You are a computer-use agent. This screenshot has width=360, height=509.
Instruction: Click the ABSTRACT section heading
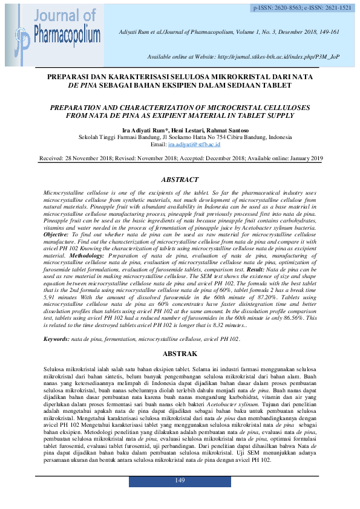(x=180, y=180)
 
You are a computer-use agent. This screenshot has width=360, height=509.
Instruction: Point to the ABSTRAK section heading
(x=180, y=353)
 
